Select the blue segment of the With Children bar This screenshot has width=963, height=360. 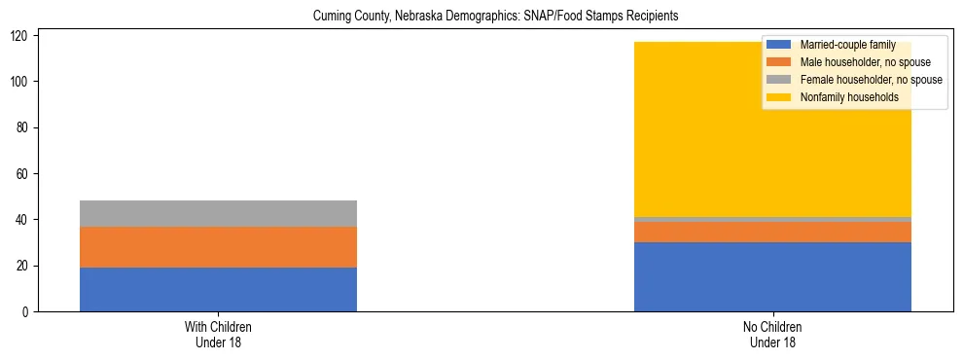[x=218, y=289]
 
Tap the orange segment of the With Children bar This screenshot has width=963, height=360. [x=218, y=247]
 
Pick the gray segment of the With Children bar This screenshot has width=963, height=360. [x=218, y=213]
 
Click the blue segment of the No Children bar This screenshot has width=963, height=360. [x=772, y=276]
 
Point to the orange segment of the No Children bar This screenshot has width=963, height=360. [x=772, y=232]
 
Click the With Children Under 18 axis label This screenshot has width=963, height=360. [x=218, y=334]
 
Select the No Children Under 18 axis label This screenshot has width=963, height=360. [x=772, y=334]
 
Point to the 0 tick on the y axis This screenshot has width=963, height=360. [x=28, y=312]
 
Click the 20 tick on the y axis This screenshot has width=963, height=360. [x=25, y=266]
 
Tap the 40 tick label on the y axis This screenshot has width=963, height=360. [x=25, y=220]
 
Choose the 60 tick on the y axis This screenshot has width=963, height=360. [x=25, y=174]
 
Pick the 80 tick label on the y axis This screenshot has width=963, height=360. [x=25, y=127]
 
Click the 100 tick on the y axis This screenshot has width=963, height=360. [x=22, y=82]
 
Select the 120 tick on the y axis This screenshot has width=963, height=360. [x=22, y=35]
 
